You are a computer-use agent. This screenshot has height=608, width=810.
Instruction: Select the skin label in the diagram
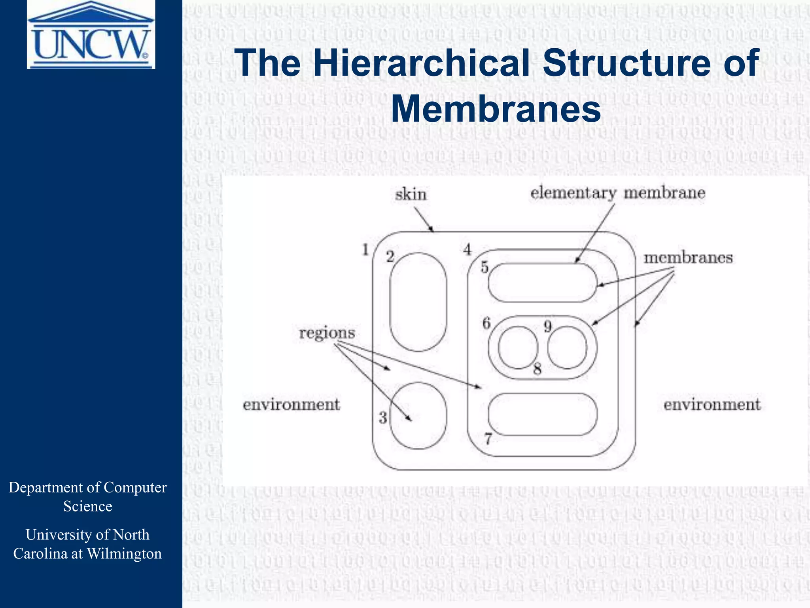[411, 195]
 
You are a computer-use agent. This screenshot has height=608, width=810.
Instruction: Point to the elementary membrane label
[618, 193]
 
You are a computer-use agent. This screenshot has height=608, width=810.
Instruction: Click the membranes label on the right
[688, 258]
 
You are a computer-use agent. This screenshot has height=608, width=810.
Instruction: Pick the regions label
[327, 333]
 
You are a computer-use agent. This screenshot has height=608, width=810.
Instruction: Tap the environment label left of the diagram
[291, 405]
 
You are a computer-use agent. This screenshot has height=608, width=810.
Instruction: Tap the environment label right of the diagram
[712, 405]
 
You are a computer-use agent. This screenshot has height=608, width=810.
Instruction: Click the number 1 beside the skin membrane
[366, 250]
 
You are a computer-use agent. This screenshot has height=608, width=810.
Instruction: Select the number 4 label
[467, 250]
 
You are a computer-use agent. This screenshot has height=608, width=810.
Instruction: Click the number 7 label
[488, 439]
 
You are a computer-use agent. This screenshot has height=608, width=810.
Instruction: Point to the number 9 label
[547, 327]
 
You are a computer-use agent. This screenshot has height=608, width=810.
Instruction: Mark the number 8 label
[537, 369]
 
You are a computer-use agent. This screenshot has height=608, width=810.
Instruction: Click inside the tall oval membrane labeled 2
[418, 302]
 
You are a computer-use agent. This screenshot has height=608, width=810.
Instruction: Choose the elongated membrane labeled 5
[542, 283]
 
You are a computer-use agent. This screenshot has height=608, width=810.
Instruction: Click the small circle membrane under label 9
[567, 348]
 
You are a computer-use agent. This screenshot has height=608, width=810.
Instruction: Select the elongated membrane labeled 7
[543, 414]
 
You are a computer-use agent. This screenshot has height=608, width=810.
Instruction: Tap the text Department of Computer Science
[88, 497]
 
